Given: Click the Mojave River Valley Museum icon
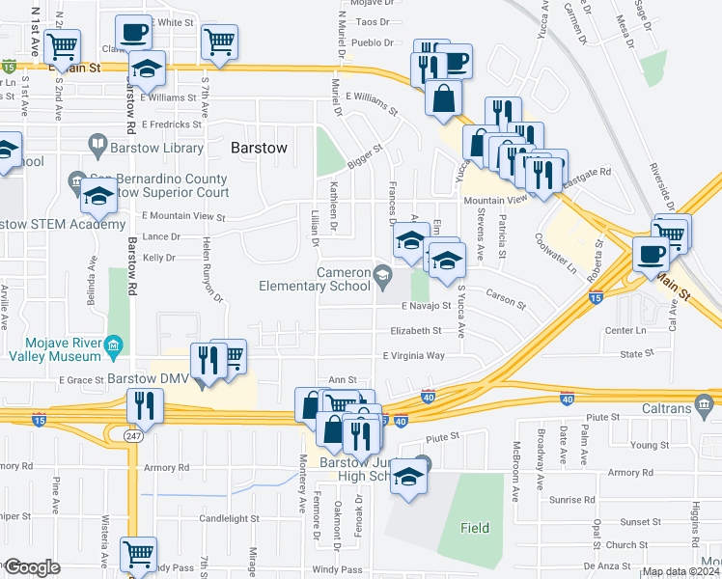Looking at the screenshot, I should point(113,345).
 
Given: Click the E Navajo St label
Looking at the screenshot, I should point(426,306).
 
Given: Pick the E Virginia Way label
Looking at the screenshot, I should point(414,355).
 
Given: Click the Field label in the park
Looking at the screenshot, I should point(474,528).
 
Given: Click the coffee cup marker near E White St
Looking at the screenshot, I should point(132,33).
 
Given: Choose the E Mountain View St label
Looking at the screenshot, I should point(182,217).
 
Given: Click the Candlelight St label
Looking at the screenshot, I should point(226,518).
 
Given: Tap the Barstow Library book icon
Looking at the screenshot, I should point(97,147).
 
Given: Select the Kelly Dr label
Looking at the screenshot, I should point(158,258).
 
